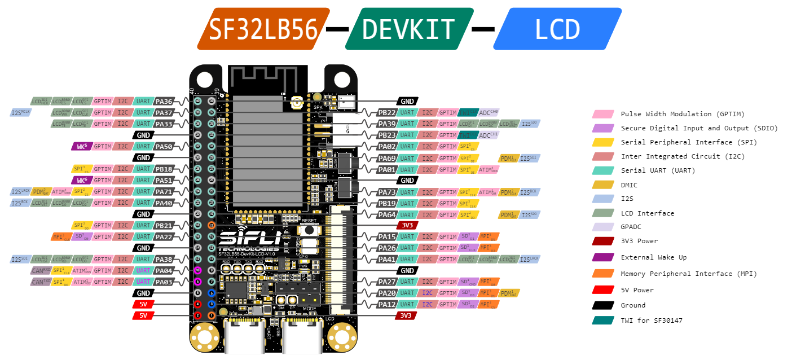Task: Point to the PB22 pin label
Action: pyautogui.click(x=387, y=113)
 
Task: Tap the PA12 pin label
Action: pyautogui.click(x=387, y=304)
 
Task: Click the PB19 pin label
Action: pyautogui.click(x=387, y=203)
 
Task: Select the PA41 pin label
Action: pyautogui.click(x=387, y=259)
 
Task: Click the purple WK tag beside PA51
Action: pyautogui.click(x=81, y=181)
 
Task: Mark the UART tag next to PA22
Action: pyautogui.click(x=143, y=236)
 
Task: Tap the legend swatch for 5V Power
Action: pyautogui.click(x=602, y=290)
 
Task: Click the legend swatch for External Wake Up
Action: pyautogui.click(x=602, y=257)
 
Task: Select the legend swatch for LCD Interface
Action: pyautogui.click(x=602, y=213)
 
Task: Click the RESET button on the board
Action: pyautogui.click(x=309, y=230)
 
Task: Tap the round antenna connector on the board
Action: pyautogui.click(x=296, y=104)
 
